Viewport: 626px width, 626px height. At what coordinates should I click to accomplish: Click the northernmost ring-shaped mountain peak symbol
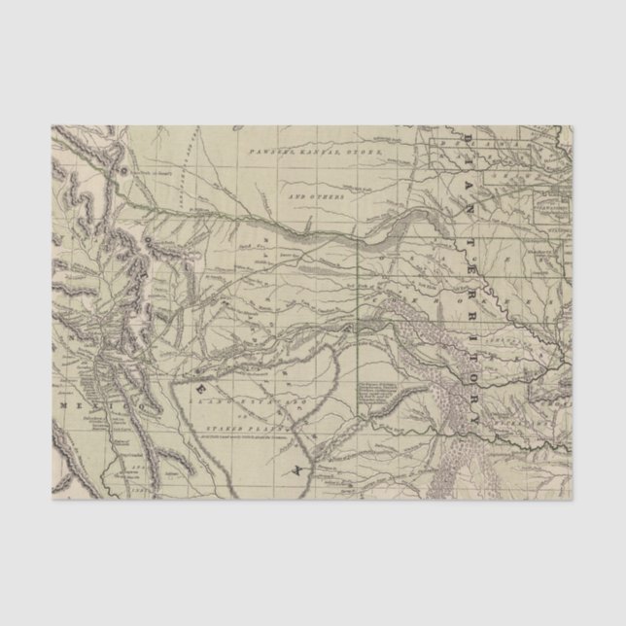[x=123, y=167]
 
